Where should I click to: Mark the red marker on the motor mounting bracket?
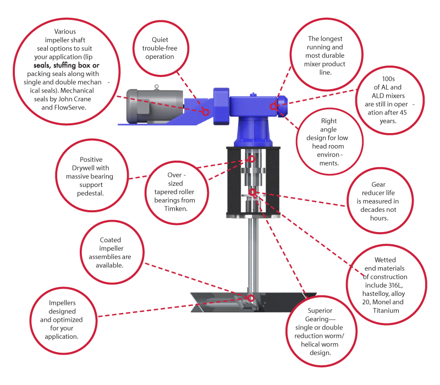click(x=206, y=112)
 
